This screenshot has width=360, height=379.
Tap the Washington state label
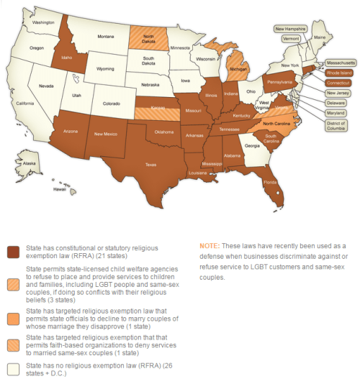[x=44, y=22]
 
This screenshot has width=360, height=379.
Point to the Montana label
[x=106, y=36]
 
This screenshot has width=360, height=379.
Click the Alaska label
[x=30, y=164]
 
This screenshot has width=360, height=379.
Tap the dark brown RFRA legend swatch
[x=13, y=252]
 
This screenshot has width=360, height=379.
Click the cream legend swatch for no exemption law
[x=13, y=369]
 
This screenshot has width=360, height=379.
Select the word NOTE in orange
[x=210, y=247]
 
